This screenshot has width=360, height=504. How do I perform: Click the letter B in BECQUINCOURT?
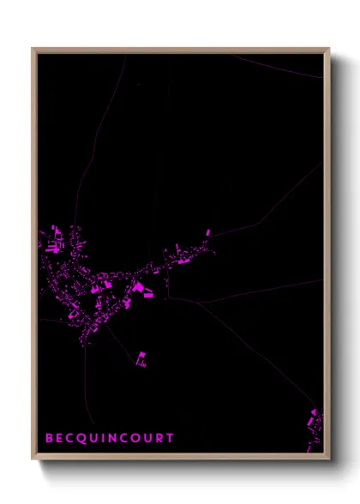50,438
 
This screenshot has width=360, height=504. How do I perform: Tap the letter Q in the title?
82,438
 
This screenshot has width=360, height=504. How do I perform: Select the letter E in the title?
60,438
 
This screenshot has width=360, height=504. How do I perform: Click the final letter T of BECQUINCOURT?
171,438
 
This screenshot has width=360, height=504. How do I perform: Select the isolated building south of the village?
141,359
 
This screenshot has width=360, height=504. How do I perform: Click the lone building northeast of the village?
207,232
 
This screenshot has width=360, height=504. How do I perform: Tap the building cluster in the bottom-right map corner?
315,423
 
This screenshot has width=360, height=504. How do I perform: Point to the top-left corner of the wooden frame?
33,49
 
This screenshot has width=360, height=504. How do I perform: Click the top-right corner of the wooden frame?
329,49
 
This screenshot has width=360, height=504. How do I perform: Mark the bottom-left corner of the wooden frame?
33,459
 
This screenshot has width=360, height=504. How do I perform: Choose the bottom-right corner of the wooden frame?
329,459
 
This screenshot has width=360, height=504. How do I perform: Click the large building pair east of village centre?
140,289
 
